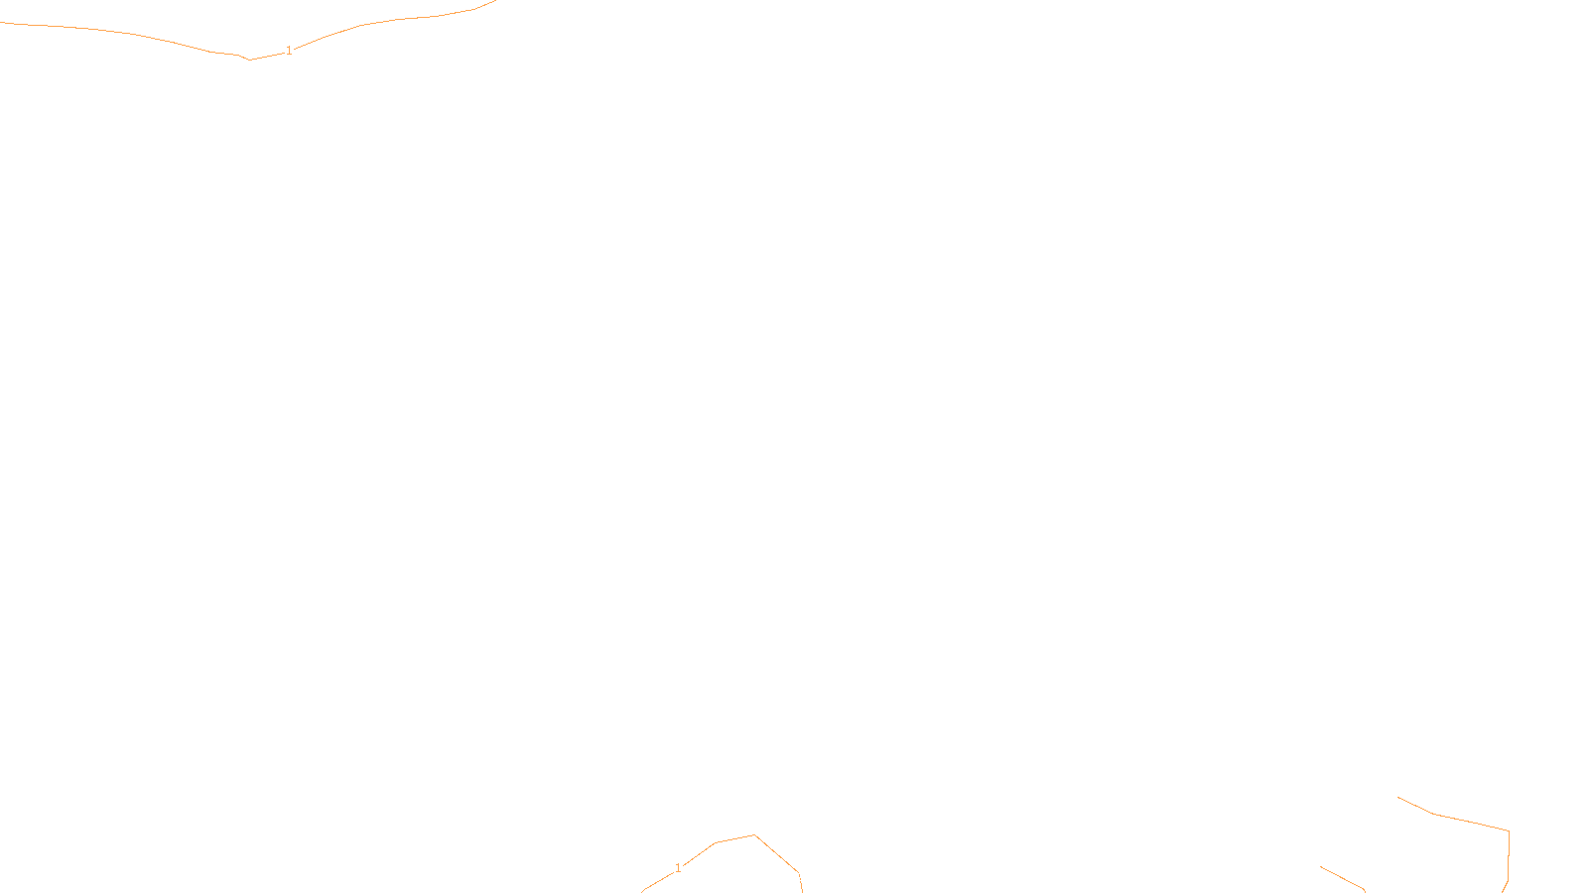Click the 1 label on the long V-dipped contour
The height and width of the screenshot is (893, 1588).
click(289, 50)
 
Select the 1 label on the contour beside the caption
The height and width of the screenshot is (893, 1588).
click(678, 868)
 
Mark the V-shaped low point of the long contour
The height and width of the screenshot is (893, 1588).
click(249, 60)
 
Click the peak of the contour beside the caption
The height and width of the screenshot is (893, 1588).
click(754, 835)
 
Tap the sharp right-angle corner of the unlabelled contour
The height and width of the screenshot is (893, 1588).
click(1509, 831)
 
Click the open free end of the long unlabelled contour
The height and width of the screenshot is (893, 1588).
click(1398, 797)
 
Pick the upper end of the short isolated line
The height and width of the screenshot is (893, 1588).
click(1321, 866)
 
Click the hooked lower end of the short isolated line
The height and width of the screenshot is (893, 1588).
click(1365, 890)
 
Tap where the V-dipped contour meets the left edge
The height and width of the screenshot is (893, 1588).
click(2, 23)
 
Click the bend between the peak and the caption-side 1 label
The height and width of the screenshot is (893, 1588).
click(716, 843)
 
